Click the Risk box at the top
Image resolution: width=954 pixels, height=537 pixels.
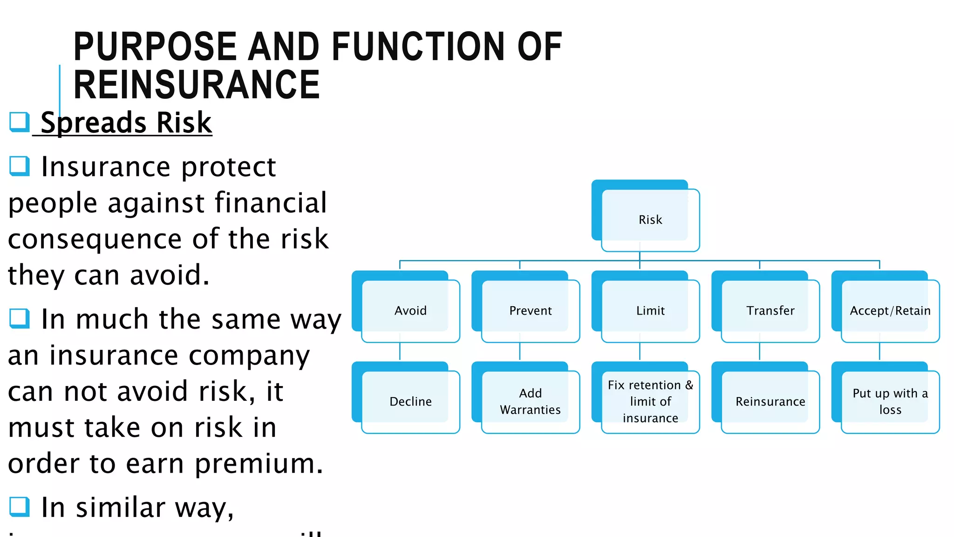[650, 220]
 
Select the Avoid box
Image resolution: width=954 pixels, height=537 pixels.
[410, 310]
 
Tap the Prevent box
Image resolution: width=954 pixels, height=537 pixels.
[530, 310]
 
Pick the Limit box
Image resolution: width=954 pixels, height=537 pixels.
[650, 310]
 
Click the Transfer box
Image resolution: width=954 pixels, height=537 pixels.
[770, 310]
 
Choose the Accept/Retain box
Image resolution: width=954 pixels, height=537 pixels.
[890, 310]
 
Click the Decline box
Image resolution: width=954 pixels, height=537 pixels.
[410, 401]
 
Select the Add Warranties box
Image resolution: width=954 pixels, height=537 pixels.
[530, 401]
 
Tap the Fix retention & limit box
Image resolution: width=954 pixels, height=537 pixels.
[650, 401]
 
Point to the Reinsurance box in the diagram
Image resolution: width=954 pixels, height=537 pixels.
[770, 401]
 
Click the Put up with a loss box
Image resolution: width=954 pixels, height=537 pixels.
[890, 401]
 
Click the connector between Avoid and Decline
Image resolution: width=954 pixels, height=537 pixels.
[400, 351]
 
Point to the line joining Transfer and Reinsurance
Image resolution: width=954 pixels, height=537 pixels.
[760, 351]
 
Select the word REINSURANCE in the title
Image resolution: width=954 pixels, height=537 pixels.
[197, 85]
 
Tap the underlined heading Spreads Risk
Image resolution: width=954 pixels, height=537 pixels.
[126, 123]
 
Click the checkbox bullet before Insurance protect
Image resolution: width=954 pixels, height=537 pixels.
[20, 166]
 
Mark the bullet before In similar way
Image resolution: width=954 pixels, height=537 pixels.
[20, 507]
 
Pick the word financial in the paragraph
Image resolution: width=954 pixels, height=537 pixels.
[271, 203]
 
